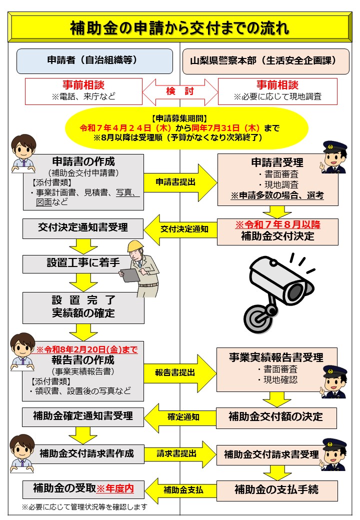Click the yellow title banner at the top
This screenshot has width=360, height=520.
(179, 27)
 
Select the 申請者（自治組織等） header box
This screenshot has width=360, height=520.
(95, 61)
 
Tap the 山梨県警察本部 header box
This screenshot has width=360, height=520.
(266, 61)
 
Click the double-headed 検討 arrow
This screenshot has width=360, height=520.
(180, 91)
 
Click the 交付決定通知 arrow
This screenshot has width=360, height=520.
(180, 229)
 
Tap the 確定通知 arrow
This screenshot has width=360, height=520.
(180, 417)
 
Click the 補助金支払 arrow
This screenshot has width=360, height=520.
(180, 490)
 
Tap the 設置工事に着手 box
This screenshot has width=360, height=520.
(83, 263)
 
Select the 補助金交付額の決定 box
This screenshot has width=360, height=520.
(276, 417)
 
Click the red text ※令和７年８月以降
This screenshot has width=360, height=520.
(278, 224)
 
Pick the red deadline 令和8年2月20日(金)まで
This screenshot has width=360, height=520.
(87, 349)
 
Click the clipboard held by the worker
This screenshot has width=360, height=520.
(129, 274)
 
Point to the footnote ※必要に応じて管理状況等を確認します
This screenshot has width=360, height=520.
(84, 506)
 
